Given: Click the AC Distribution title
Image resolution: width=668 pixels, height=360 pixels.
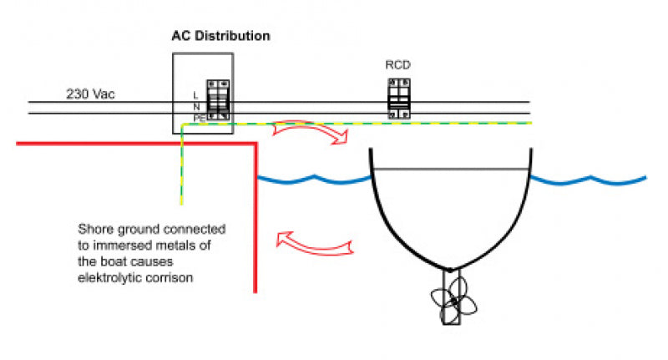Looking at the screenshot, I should click(220, 37).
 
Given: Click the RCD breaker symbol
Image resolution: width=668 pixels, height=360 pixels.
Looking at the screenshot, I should click(397, 99).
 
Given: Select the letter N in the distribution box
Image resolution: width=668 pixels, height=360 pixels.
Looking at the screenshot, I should click(196, 107).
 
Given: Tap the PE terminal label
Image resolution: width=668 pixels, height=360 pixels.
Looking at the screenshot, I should click(199, 119).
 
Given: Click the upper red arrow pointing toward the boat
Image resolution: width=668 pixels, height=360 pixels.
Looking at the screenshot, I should click(309, 131).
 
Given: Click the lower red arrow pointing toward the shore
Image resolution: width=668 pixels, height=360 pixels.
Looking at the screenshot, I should click(316, 243).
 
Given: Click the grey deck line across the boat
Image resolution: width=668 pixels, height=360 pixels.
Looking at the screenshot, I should click(451, 169).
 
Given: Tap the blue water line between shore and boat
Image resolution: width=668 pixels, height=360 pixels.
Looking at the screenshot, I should click(313, 179).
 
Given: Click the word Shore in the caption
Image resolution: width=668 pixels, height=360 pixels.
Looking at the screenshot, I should click(94, 228).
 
